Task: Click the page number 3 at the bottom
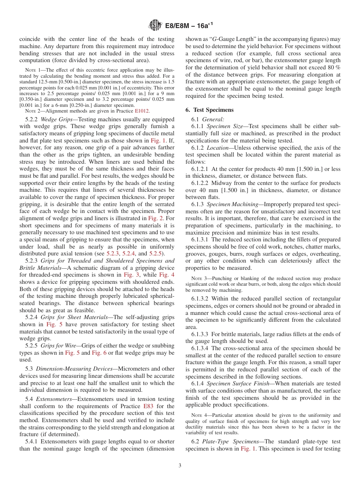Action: [180, 466]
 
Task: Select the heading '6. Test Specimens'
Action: [209, 110]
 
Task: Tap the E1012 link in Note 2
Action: [142, 111]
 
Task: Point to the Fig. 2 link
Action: [167, 218]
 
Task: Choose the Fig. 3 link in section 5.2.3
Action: [131, 275]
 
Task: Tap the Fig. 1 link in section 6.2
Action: [248, 449]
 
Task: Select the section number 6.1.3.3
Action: [200, 334]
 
